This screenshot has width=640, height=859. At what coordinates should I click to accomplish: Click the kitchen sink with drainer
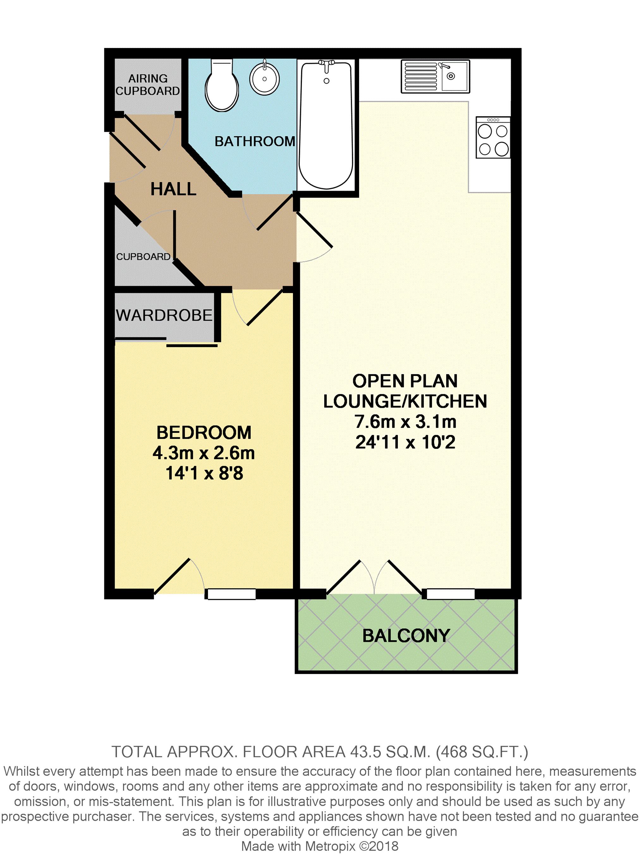pos(436,76)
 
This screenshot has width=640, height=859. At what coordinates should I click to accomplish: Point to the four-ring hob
pos(493,138)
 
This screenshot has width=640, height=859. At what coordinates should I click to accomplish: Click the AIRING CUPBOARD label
pos(148,85)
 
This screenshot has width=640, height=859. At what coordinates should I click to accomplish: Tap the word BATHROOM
pos(255,141)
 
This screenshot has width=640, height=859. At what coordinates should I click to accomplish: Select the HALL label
pos(173,189)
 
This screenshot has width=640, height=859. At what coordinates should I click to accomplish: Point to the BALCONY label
pos(406,636)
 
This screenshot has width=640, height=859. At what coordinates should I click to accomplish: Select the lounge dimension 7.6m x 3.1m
pos(405,421)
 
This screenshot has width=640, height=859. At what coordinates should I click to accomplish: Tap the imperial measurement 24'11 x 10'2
pos(405,442)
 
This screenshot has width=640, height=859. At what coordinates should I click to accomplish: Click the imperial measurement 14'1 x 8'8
pos(204,473)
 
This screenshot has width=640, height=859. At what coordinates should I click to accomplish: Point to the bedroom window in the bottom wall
pos(231,594)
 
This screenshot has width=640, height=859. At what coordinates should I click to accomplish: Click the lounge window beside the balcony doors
pos(451,594)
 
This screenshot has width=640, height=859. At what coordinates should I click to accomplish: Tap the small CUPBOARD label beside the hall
pos(143,256)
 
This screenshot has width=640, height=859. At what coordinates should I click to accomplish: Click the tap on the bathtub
pos(326,65)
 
